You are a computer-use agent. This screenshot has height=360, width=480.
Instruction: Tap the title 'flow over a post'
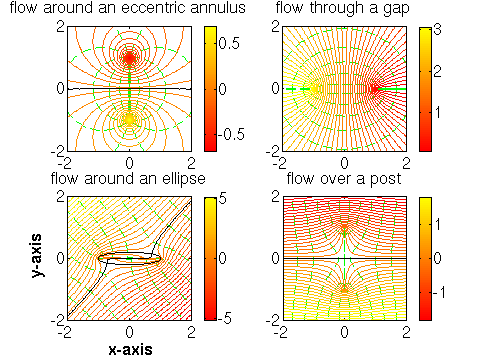pos(344,179)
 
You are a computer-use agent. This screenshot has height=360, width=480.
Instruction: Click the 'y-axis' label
pos(38,257)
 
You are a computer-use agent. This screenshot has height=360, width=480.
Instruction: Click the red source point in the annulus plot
pos(128,58)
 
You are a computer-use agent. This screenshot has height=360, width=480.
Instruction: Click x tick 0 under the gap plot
pos(345,161)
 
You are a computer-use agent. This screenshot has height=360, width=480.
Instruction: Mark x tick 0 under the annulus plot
pos(129,161)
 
